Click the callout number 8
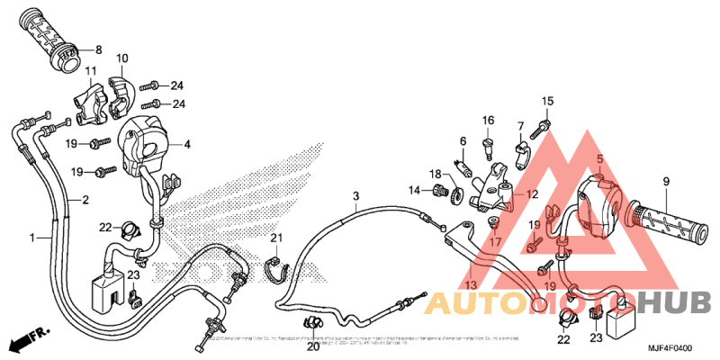[x=98, y=49]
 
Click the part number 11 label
[x=91, y=71]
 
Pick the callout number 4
[x=187, y=144]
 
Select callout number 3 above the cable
[x=355, y=195]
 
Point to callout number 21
[x=276, y=238]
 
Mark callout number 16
[x=488, y=121]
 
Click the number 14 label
[x=415, y=190]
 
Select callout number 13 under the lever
[x=472, y=284]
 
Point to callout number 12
[x=532, y=193]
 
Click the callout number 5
[x=598, y=159]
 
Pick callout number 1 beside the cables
[x=33, y=238]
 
